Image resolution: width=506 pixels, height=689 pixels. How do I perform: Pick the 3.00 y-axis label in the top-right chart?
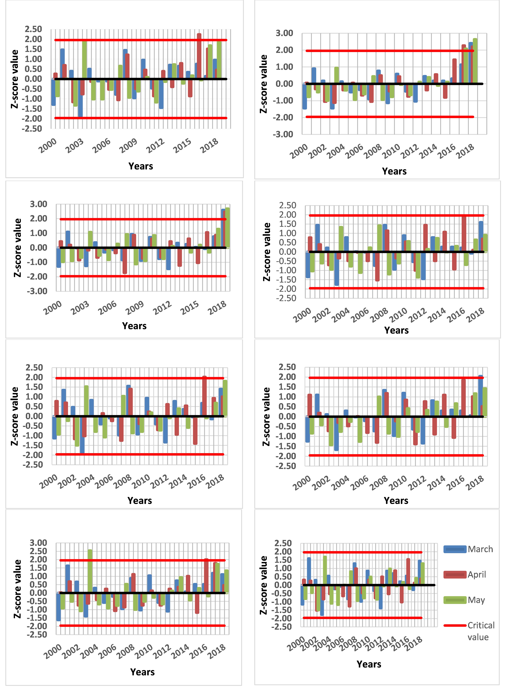click(284, 33)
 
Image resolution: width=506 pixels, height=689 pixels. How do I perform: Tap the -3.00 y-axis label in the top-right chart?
click(283, 134)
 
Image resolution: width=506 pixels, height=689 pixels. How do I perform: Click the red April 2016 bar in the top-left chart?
click(199, 56)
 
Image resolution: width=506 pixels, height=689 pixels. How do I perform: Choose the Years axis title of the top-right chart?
click(394, 171)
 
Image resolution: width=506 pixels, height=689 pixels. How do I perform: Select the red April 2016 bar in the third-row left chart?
click(204, 396)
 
